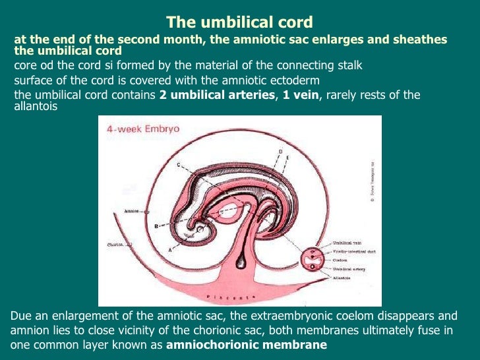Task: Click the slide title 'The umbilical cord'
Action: pos(239,22)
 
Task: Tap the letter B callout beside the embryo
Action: pos(156,226)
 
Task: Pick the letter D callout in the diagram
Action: pos(280,152)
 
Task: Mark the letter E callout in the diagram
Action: pos(287,159)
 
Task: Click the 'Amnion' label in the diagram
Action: pos(133,212)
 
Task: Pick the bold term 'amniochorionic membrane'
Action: pos(247,345)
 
